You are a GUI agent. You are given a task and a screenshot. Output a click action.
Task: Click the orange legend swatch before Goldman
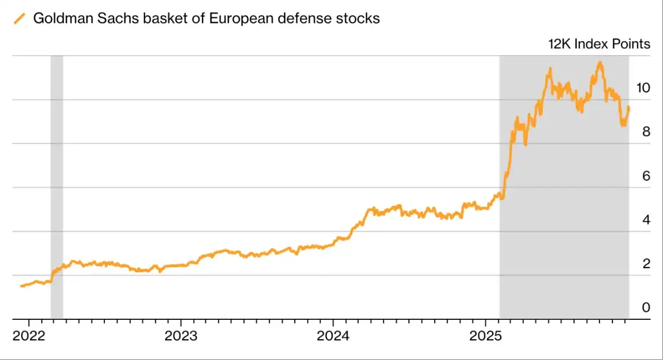pos(20,18)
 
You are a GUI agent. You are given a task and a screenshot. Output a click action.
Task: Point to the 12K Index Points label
pos(599,44)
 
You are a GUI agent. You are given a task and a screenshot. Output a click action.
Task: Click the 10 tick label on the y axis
pos(643,88)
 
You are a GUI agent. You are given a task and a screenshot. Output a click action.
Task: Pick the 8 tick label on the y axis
pos(646,132)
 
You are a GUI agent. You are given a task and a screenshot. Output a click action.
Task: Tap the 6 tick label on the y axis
pos(646,176)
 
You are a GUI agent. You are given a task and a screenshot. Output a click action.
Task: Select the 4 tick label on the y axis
pos(646,220)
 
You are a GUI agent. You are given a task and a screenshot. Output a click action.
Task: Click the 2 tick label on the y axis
pos(646,264)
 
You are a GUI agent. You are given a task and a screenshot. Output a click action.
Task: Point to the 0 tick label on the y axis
pos(646,308)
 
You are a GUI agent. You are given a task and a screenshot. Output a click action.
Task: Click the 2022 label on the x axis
pos(29,335)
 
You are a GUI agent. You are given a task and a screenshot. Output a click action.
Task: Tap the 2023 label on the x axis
pos(181,335)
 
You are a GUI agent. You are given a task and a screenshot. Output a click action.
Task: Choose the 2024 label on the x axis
pos(333,335)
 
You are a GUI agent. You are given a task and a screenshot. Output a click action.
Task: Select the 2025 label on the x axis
pos(485,335)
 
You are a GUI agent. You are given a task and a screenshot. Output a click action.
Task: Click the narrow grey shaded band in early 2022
pos(56,172)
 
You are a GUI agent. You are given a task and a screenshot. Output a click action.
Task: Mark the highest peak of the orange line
pos(600,62)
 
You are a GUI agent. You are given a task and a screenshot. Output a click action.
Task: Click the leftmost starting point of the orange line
pos(21,285)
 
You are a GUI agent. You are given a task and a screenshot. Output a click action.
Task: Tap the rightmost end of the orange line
pos(629,107)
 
